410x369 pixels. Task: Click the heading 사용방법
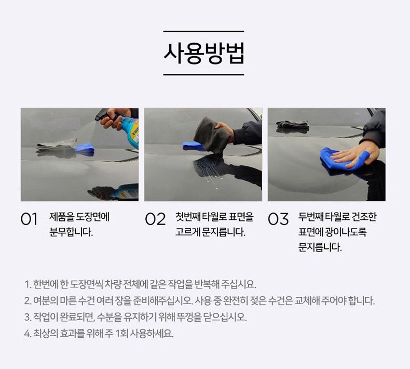[x=203, y=53]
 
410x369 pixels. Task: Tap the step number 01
[x=29, y=219]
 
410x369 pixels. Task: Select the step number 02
[x=155, y=219]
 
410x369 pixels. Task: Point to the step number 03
[x=278, y=219]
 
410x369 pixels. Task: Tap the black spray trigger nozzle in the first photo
[x=103, y=114]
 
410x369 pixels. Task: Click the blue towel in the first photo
[x=85, y=148]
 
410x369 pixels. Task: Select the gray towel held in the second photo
[x=212, y=135]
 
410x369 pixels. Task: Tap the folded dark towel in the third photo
[x=292, y=124]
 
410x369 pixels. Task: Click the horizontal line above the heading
[x=203, y=31]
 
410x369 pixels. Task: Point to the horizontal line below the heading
[x=203, y=75]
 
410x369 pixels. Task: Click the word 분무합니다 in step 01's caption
[x=71, y=232]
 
